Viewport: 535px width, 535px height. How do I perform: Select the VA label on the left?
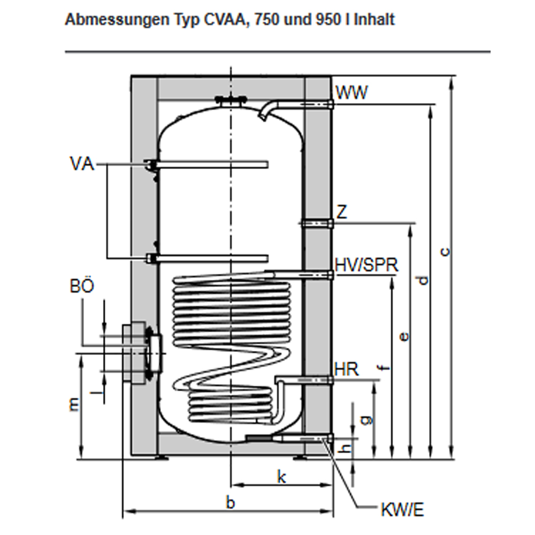pos(81,163)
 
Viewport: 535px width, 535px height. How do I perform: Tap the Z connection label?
pos(342,212)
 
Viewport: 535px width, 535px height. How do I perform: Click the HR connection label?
pos(346,369)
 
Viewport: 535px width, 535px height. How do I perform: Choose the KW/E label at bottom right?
pos(402,510)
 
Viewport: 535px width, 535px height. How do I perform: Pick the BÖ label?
pos(82,286)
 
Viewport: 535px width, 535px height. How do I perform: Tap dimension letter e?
pos(404,336)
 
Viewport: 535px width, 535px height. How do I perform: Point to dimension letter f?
pos(384,368)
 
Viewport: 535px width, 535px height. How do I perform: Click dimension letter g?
pos(365,420)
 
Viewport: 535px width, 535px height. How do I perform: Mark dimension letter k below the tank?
pos(281,476)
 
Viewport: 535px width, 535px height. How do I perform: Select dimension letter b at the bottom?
pos(230,502)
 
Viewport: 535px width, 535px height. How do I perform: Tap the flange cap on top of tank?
pos(230,99)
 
